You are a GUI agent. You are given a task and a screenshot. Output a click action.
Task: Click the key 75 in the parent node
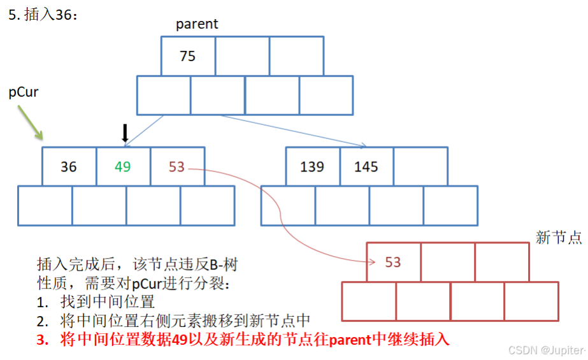(187, 56)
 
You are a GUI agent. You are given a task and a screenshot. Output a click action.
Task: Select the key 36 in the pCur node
(68, 167)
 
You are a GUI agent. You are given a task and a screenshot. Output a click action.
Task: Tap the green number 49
(122, 167)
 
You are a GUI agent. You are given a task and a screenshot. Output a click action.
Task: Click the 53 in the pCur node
(176, 167)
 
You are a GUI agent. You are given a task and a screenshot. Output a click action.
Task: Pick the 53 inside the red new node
(393, 262)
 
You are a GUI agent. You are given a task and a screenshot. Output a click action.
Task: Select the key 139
(312, 167)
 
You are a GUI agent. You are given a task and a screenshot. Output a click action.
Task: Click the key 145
(366, 167)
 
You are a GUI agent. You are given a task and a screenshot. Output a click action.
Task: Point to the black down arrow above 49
(125, 133)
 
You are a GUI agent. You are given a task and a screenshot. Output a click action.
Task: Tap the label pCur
(23, 92)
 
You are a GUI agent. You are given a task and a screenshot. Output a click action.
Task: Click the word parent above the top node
(197, 24)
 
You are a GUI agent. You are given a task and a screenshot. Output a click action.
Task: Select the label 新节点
(559, 238)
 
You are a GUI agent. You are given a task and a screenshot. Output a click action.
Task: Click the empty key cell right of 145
(420, 167)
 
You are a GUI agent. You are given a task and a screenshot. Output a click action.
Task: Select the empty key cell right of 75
(242, 56)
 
